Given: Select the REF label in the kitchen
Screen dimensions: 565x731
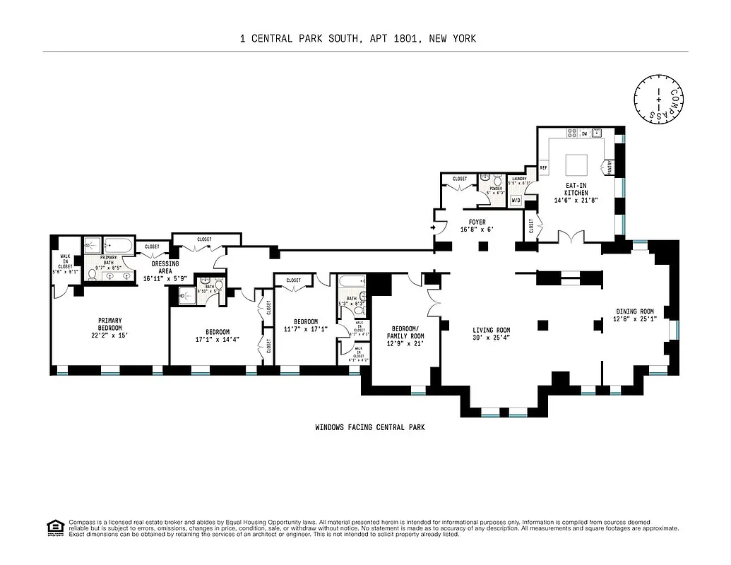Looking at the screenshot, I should pyautogui.click(x=544, y=168).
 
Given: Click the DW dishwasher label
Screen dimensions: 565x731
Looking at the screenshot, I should pyautogui.click(x=585, y=133).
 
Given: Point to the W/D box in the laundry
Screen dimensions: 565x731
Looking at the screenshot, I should pyautogui.click(x=516, y=201).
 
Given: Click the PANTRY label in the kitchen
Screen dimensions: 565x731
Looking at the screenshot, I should pyautogui.click(x=608, y=167).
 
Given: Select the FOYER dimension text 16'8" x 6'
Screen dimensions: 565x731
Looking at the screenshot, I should pyautogui.click(x=473, y=230).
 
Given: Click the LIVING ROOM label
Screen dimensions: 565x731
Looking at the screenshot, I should pyautogui.click(x=492, y=330).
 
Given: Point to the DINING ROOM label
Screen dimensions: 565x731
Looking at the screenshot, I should pyautogui.click(x=634, y=311).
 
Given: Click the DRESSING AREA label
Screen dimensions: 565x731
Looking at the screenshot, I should pyautogui.click(x=163, y=268).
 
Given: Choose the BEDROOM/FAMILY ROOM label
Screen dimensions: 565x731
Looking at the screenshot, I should pyautogui.click(x=408, y=333).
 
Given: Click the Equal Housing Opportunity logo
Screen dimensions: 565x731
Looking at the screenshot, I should pyautogui.click(x=53, y=527).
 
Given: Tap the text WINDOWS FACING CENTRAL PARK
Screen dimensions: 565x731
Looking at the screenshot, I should pyautogui.click(x=369, y=427).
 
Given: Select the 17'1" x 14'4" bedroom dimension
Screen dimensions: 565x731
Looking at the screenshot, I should pyautogui.click(x=217, y=340).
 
